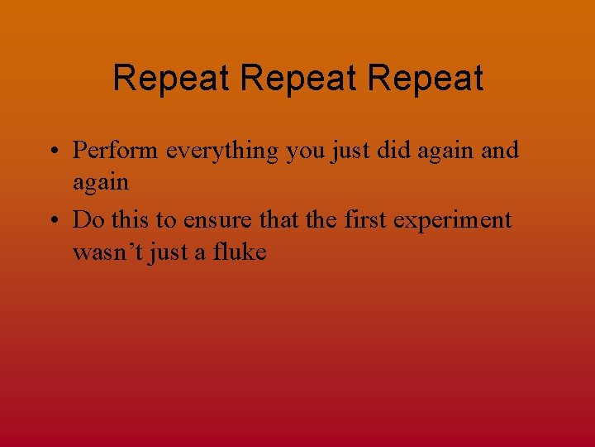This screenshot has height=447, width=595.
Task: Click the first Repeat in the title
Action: [172, 79]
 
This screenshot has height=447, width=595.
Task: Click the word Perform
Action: [117, 151]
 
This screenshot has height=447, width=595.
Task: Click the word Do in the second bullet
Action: [86, 220]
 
